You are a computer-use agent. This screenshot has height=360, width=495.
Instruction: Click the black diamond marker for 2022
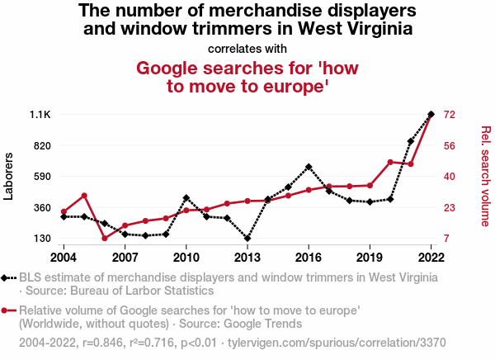pos(431,114)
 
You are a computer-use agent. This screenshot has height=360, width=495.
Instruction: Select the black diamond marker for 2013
pos(247,239)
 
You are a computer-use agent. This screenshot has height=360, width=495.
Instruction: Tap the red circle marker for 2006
pos(105,239)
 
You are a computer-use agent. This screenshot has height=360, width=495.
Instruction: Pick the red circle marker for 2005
pos(84,196)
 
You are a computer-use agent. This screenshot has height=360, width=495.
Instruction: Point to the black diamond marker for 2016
pos(309,167)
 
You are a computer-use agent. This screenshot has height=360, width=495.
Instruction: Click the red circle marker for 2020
pos(390,162)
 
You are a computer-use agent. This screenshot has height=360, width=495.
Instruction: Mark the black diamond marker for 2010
pos(186,198)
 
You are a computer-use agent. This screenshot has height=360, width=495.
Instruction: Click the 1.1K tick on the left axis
pos(40,114)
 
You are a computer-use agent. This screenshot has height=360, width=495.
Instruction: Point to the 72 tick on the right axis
pos(450,114)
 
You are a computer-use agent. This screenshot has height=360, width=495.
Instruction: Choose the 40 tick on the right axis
pos(450,177)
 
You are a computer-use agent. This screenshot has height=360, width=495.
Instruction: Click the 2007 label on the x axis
pos(125,255)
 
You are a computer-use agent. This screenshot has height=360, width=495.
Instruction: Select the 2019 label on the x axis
pos(370,255)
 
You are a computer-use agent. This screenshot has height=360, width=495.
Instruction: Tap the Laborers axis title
pos(11,176)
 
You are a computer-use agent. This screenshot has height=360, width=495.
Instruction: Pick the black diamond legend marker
pos(7,278)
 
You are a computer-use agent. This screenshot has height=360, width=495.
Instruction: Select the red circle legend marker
pos(7,310)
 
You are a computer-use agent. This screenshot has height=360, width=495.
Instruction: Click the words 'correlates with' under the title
pos(247,48)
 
